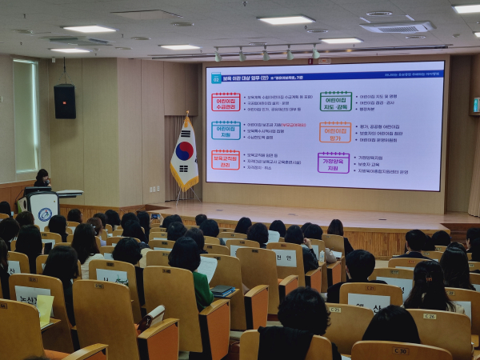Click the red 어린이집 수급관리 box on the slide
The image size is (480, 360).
coord(226,102)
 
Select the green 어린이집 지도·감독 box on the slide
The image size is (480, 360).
coord(335,101)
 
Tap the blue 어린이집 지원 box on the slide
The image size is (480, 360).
coord(226,130)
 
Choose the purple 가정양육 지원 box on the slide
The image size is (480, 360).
coord(333,162)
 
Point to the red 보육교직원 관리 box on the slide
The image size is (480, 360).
coord(226,159)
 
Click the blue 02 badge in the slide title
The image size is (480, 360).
coord(216,78)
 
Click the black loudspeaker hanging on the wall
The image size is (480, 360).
coord(65,102)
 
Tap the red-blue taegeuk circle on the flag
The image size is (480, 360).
coord(184,151)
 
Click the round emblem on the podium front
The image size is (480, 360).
coord(45,214)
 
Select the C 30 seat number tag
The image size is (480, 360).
coord(400,350)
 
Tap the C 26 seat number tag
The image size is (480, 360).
coord(430,316)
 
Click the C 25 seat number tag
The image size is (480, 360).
coord(334,310)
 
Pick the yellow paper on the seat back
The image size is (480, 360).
coord(45,308)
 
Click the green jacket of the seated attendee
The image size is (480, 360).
coord(201,287)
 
